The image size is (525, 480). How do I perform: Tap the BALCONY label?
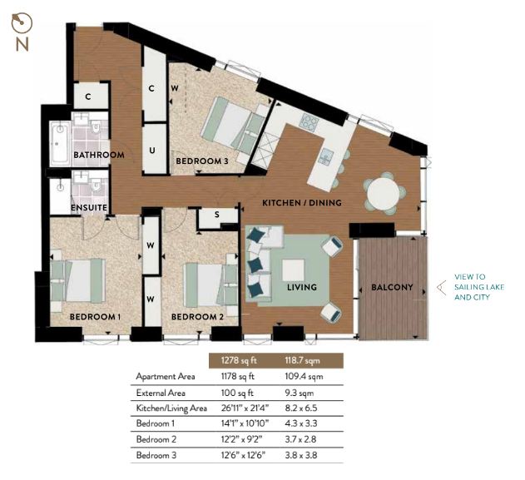pos(392,287)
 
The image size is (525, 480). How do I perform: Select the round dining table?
pos(384,194)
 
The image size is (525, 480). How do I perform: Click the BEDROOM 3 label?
pos(202,161)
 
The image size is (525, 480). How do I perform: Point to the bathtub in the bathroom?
pos(60,143)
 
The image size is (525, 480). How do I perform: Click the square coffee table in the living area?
pos(294,270)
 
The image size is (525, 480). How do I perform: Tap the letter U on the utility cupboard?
pos(152,151)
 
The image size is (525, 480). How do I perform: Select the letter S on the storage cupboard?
pos(217,215)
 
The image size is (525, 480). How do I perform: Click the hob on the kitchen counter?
pos(310,121)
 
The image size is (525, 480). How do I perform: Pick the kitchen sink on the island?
pos(326,156)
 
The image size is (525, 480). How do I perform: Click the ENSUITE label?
pos(89,207)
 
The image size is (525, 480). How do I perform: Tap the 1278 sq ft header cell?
pos(239,360)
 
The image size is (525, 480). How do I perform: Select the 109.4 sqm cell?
pos(304,377)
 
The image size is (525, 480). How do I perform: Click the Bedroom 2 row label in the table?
pos(156,439)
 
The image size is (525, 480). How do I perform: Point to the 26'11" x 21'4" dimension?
pos(245,408)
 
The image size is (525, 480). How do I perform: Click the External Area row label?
pos(161,393)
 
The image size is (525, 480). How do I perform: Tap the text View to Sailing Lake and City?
pos(479,287)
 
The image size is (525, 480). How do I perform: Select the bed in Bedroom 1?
pos(78,280)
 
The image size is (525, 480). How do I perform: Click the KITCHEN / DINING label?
pos(302,202)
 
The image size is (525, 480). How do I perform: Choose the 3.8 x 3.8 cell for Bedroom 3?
pos(300,455)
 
